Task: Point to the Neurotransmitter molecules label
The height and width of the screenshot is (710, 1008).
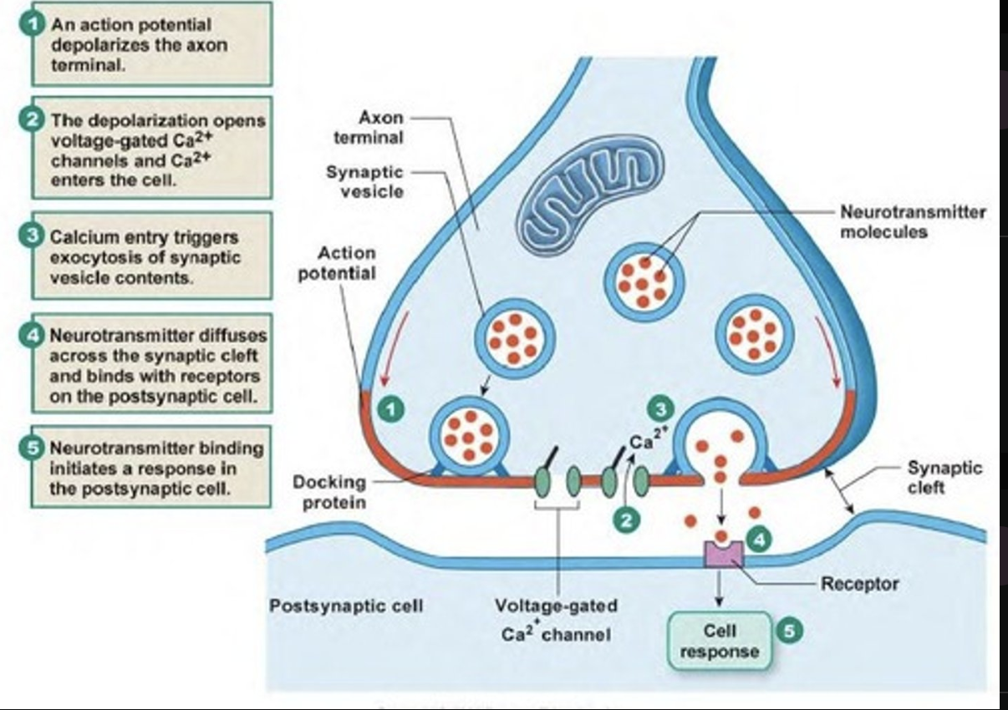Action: (913, 221)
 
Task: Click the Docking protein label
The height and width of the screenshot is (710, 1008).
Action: (329, 491)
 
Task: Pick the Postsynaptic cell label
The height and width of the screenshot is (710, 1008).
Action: (346, 605)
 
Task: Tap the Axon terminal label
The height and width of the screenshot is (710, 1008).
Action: (369, 127)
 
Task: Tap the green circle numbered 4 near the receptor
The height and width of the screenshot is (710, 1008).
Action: (759, 540)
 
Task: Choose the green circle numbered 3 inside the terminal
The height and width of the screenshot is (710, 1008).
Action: (661, 408)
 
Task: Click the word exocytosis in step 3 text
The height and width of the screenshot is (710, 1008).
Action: (92, 257)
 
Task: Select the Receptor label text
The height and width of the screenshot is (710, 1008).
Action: (860, 584)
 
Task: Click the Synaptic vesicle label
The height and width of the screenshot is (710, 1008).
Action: (364, 181)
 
